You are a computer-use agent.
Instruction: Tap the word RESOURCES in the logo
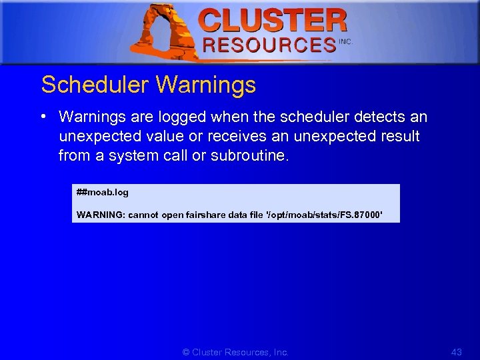pos(269,45)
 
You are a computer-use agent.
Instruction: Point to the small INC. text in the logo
pos(345,41)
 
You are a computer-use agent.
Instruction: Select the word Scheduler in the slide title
pos(94,85)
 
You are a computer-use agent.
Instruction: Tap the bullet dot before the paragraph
pos(43,117)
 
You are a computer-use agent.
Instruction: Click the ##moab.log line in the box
pos(103,193)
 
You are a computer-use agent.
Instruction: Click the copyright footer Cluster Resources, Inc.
pos(235,352)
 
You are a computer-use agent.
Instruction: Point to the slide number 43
pos(456,352)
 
